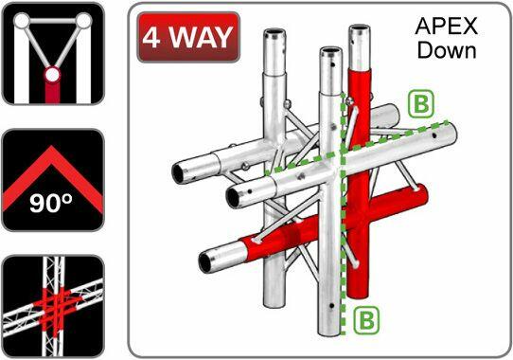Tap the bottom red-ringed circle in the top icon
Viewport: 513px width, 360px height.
pos(52,75)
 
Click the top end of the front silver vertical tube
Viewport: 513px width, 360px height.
pos(328,53)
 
